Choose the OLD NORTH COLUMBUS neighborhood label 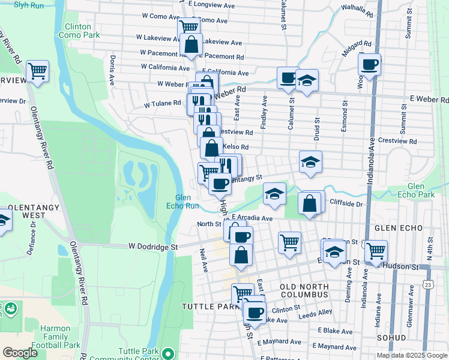coord(304,290)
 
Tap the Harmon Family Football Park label coord(60,337)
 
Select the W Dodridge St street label coord(153,247)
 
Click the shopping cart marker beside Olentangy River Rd coord(38,70)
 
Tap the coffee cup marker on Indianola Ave coord(369,64)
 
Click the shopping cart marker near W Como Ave coord(188,26)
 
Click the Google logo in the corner coord(20,353)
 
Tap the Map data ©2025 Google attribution coord(412,355)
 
